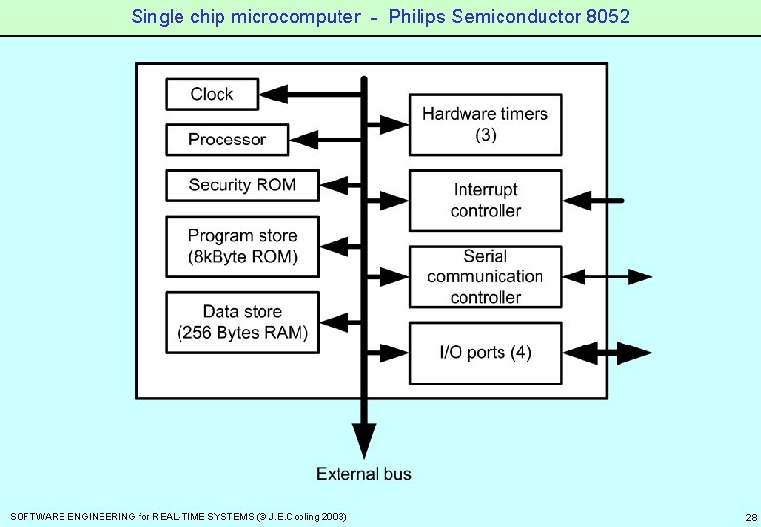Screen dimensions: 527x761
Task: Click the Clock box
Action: tap(212, 94)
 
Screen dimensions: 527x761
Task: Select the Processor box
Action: tap(227, 140)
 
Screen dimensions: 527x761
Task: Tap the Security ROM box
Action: tap(242, 184)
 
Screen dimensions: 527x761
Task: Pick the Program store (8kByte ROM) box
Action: tap(242, 247)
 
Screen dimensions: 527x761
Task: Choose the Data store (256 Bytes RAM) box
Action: tap(242, 323)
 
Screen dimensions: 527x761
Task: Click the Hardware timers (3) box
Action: tap(485, 124)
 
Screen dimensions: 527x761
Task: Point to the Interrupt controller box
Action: tap(485, 200)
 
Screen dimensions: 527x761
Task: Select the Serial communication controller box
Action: tap(485, 276)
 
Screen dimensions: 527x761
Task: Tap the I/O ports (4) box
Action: tap(485, 352)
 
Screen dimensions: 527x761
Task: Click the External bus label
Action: tap(364, 474)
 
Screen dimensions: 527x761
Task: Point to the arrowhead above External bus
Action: tap(364, 438)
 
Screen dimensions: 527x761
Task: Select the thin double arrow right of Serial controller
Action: tap(608, 277)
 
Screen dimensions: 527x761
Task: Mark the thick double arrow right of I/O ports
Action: tap(608, 352)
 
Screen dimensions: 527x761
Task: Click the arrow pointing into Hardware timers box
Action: tap(390, 124)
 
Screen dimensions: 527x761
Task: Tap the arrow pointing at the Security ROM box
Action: tap(337, 184)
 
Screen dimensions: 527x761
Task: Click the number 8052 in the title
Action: tap(606, 17)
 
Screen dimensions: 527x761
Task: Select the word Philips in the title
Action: tap(418, 17)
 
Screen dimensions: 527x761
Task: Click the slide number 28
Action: tap(750, 516)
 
